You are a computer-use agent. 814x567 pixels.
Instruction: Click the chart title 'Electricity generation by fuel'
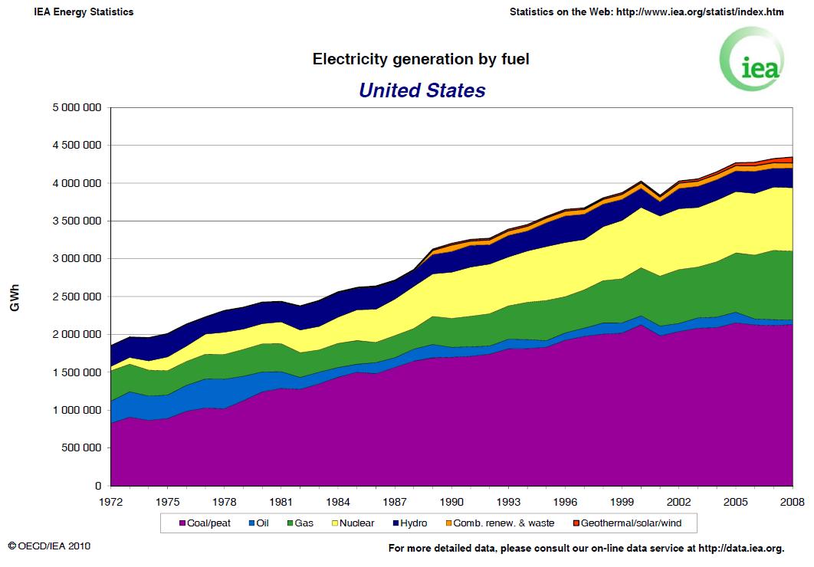[421, 59]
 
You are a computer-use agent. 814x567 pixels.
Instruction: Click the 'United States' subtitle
[422, 90]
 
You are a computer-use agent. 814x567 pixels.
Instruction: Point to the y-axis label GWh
[15, 299]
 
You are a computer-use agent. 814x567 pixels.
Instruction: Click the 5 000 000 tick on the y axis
[77, 107]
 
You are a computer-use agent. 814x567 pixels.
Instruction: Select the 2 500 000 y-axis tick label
[77, 297]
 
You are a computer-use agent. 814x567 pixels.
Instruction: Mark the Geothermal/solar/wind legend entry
[633, 523]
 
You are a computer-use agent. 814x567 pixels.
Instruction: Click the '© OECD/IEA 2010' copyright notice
[51, 546]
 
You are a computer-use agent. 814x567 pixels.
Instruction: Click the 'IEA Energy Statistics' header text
[84, 12]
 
